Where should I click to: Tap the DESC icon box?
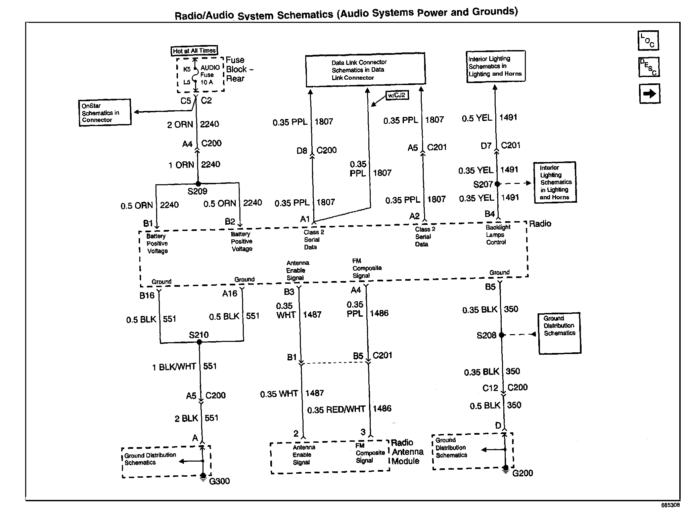[649, 67]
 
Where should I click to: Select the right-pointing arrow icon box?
[649, 93]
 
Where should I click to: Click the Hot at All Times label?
[194, 51]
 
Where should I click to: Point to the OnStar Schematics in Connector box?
[105, 113]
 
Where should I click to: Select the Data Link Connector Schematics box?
[365, 70]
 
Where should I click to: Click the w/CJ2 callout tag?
[397, 95]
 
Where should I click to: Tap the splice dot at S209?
[198, 184]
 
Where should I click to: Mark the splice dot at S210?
[199, 342]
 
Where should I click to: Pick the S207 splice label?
[483, 185]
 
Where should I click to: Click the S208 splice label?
[486, 335]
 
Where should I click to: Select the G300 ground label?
[219, 481]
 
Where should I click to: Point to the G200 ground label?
[522, 473]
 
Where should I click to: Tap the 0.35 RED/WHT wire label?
[336, 409]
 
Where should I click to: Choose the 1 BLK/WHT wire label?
[174, 367]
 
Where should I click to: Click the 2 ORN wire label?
[180, 125]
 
